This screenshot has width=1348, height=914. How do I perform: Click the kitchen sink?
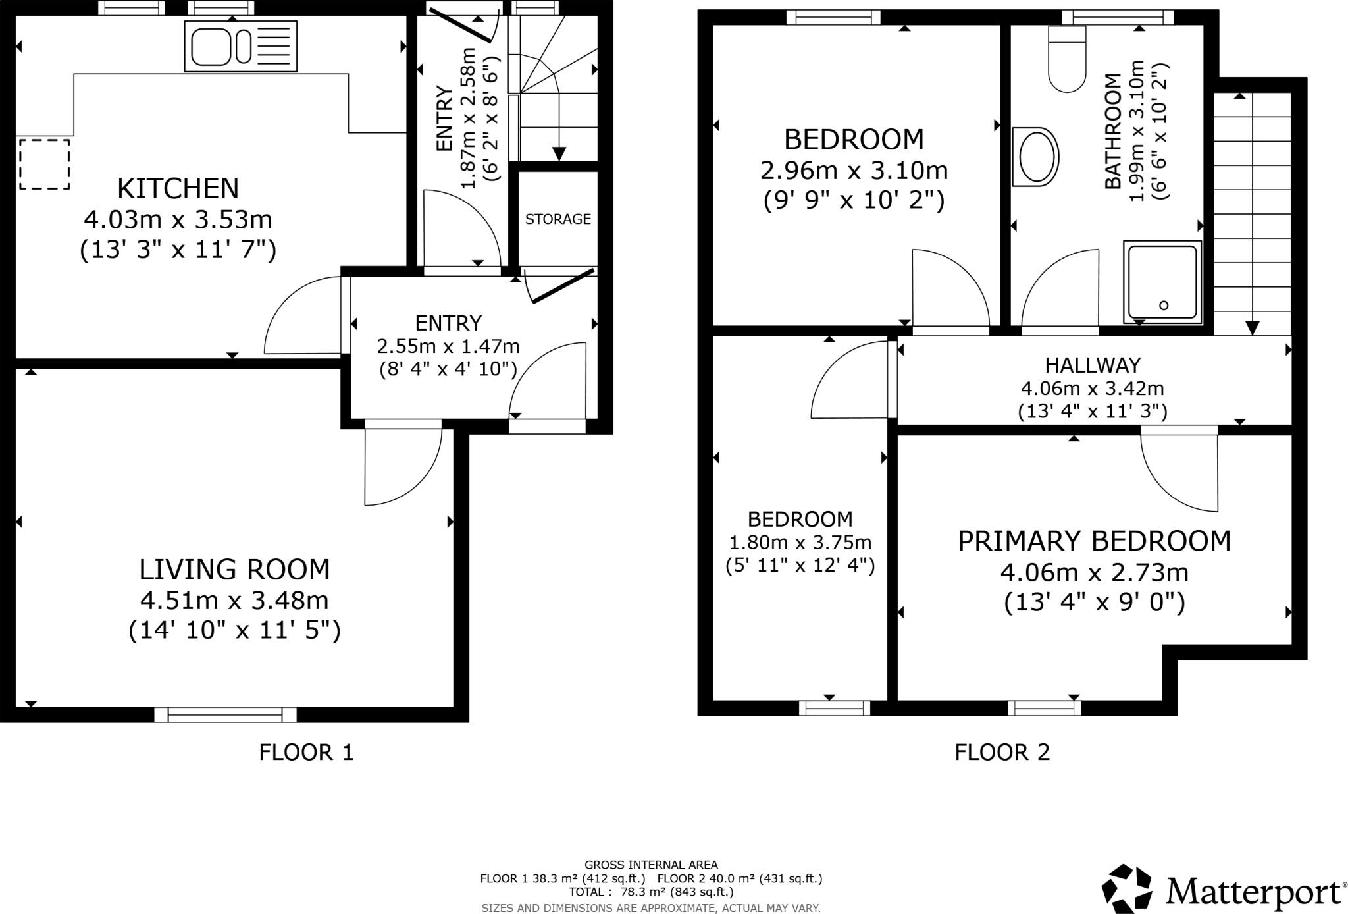tap(241, 46)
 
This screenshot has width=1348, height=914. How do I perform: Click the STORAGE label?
tap(558, 219)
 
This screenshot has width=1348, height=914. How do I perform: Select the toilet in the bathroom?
tap(1067, 59)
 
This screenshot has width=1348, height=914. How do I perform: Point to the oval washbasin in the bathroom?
tap(1036, 157)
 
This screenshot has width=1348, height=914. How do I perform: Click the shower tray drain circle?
tap(1164, 305)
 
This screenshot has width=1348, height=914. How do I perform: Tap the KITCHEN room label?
tap(178, 188)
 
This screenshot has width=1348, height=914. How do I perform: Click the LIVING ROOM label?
tap(234, 569)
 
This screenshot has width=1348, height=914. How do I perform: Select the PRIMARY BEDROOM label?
tap(1094, 541)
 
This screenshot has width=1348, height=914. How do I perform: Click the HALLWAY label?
tap(1093, 365)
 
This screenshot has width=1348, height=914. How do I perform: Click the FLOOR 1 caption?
tap(306, 752)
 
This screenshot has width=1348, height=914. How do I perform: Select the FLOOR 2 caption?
tap(1002, 752)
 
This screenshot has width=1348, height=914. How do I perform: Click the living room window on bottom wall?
tap(226, 714)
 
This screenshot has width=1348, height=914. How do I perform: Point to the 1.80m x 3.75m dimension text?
tap(800, 543)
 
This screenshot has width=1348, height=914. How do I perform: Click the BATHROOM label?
tap(1112, 132)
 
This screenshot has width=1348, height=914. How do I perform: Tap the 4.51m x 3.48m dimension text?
tap(234, 601)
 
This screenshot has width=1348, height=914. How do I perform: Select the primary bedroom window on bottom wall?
tap(1045, 709)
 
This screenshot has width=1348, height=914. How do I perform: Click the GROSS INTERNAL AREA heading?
tap(651, 865)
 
